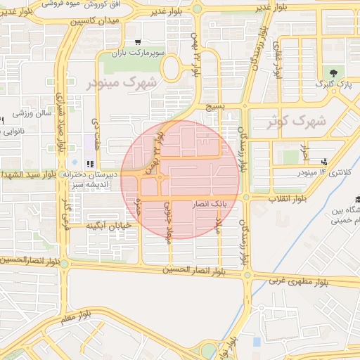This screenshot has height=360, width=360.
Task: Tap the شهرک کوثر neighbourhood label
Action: (297, 122)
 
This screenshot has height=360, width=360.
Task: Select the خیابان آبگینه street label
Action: (110, 226)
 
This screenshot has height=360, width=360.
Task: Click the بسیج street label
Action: (215, 107)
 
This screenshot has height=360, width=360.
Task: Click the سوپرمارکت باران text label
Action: (160, 53)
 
